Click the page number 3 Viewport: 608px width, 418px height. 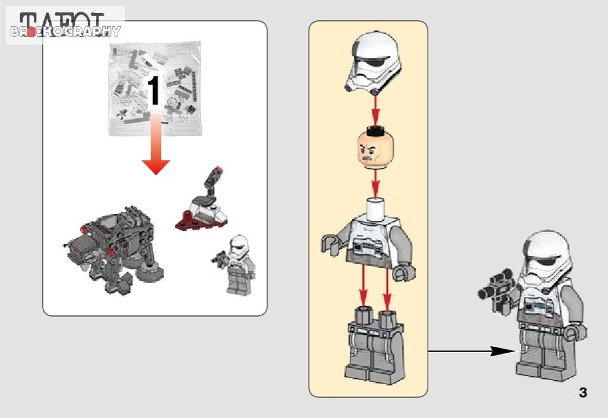point(582,392)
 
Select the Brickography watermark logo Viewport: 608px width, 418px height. point(65,31)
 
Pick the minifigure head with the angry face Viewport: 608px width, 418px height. point(375,147)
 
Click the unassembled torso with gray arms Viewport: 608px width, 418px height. point(368,243)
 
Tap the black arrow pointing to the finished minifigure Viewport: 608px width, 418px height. point(469,351)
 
